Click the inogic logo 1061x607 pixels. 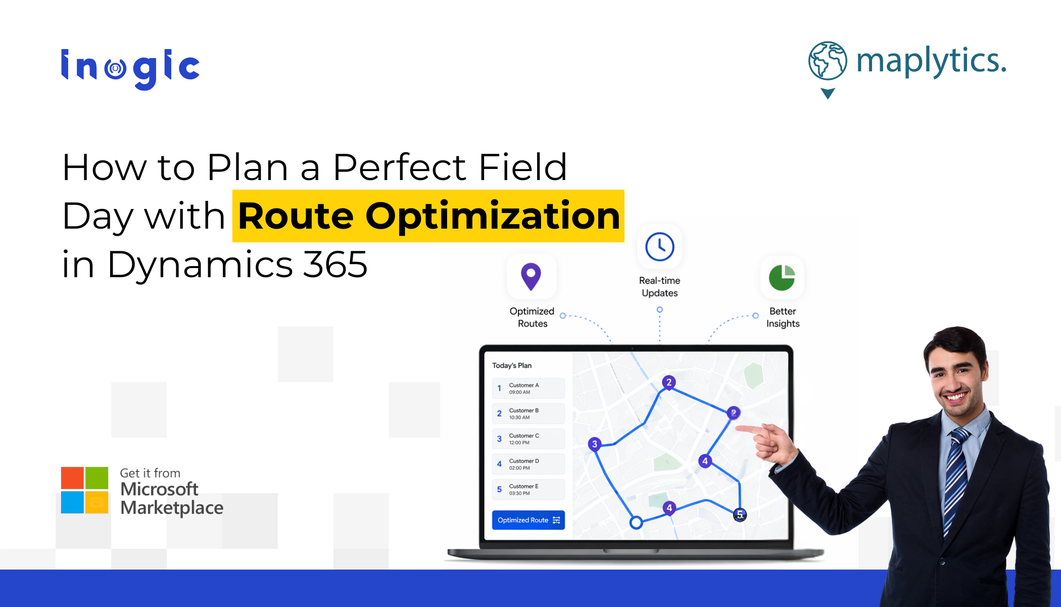pos(130,69)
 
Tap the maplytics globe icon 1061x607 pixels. pos(828,61)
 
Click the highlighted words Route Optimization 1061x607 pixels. pos(429,216)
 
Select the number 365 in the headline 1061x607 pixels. pos(335,264)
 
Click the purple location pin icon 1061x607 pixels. pos(531,277)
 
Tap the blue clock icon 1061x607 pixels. pos(659,247)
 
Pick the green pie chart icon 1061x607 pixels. pos(782,277)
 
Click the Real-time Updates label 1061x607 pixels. pos(659,287)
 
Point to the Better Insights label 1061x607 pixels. pos(783,318)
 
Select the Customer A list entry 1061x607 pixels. pos(528,388)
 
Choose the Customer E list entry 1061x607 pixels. pos(528,489)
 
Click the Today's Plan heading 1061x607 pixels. pos(512,365)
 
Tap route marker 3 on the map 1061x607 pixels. pos(595,444)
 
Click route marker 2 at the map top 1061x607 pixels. pos(669,382)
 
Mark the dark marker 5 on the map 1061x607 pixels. pos(740,515)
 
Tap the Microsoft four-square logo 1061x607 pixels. pos(84,490)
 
